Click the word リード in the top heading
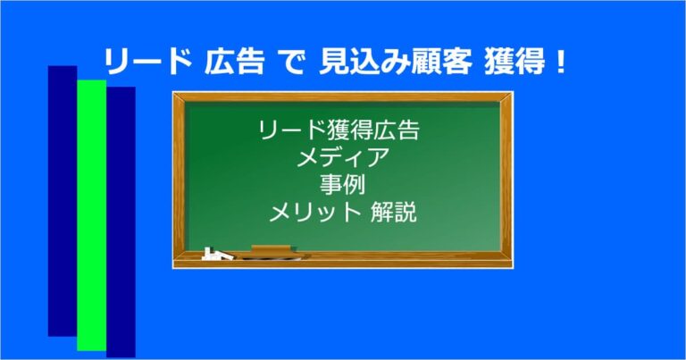pyautogui.click(x=146, y=63)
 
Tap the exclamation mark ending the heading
pyautogui.click(x=560, y=63)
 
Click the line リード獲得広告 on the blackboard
pyautogui.click(x=339, y=133)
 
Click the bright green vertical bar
pyautogui.click(x=91, y=214)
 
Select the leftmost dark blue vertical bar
pyautogui.click(x=63, y=201)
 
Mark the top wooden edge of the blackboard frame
pyautogui.click(x=343, y=96)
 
